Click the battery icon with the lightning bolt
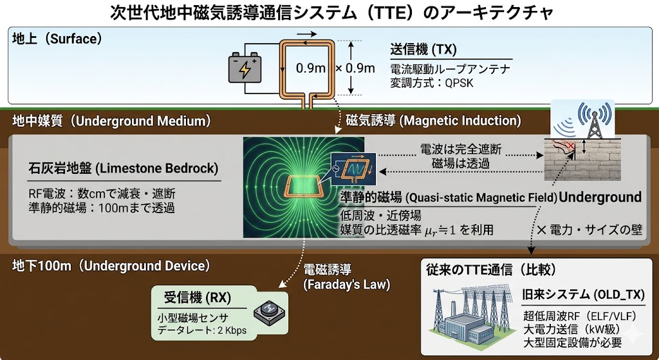pyautogui.click(x=245, y=67)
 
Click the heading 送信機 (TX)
pyautogui.click(x=423, y=49)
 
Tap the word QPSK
pyautogui.click(x=459, y=83)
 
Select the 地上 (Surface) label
pyautogui.click(x=57, y=39)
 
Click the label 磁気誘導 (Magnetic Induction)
pyautogui.click(x=433, y=120)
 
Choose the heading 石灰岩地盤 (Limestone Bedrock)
pyautogui.click(x=123, y=168)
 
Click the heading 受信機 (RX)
pyautogui.click(x=197, y=298)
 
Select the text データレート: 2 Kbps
pyautogui.click(x=201, y=330)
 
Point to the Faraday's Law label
pyautogui.click(x=347, y=285)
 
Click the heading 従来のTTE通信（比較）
pyautogui.click(x=491, y=270)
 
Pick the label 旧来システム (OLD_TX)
pyautogui.click(x=583, y=294)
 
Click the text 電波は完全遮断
pyautogui.click(x=461, y=149)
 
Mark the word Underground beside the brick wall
pyautogui.click(x=600, y=197)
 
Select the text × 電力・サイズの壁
pyautogui.click(x=589, y=230)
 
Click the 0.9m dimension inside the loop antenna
pyautogui.click(x=311, y=68)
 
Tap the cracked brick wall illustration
pyautogui.click(x=582, y=160)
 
